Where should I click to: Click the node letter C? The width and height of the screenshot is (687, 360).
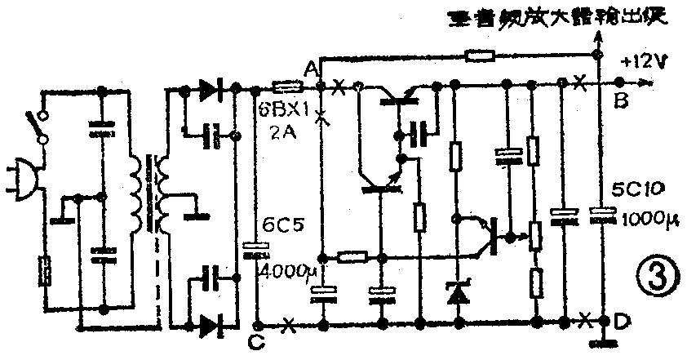258,341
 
